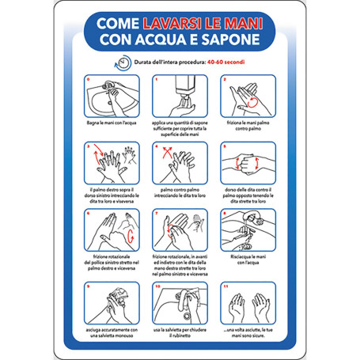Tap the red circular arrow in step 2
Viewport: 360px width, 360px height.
tap(252, 99)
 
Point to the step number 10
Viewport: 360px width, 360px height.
tap(157, 287)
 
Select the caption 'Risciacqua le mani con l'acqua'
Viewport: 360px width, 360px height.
tap(248, 262)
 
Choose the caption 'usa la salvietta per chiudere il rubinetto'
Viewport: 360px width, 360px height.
tap(180, 332)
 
